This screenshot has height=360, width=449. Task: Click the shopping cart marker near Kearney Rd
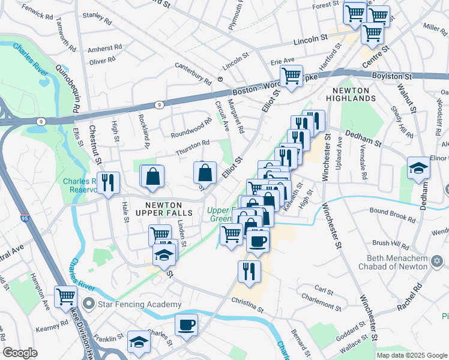[x=66, y=295]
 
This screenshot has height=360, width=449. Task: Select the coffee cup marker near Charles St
[x=186, y=325]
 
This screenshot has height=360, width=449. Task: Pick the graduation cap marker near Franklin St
[x=139, y=341]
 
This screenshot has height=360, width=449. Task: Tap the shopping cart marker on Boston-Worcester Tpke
[x=291, y=76]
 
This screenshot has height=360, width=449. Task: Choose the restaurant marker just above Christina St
[x=249, y=270]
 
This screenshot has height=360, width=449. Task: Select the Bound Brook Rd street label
[x=392, y=215]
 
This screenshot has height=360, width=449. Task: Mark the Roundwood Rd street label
[x=191, y=127]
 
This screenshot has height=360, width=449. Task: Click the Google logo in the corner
[x=20, y=353]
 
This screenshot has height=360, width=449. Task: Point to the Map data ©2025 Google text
[x=411, y=355]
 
